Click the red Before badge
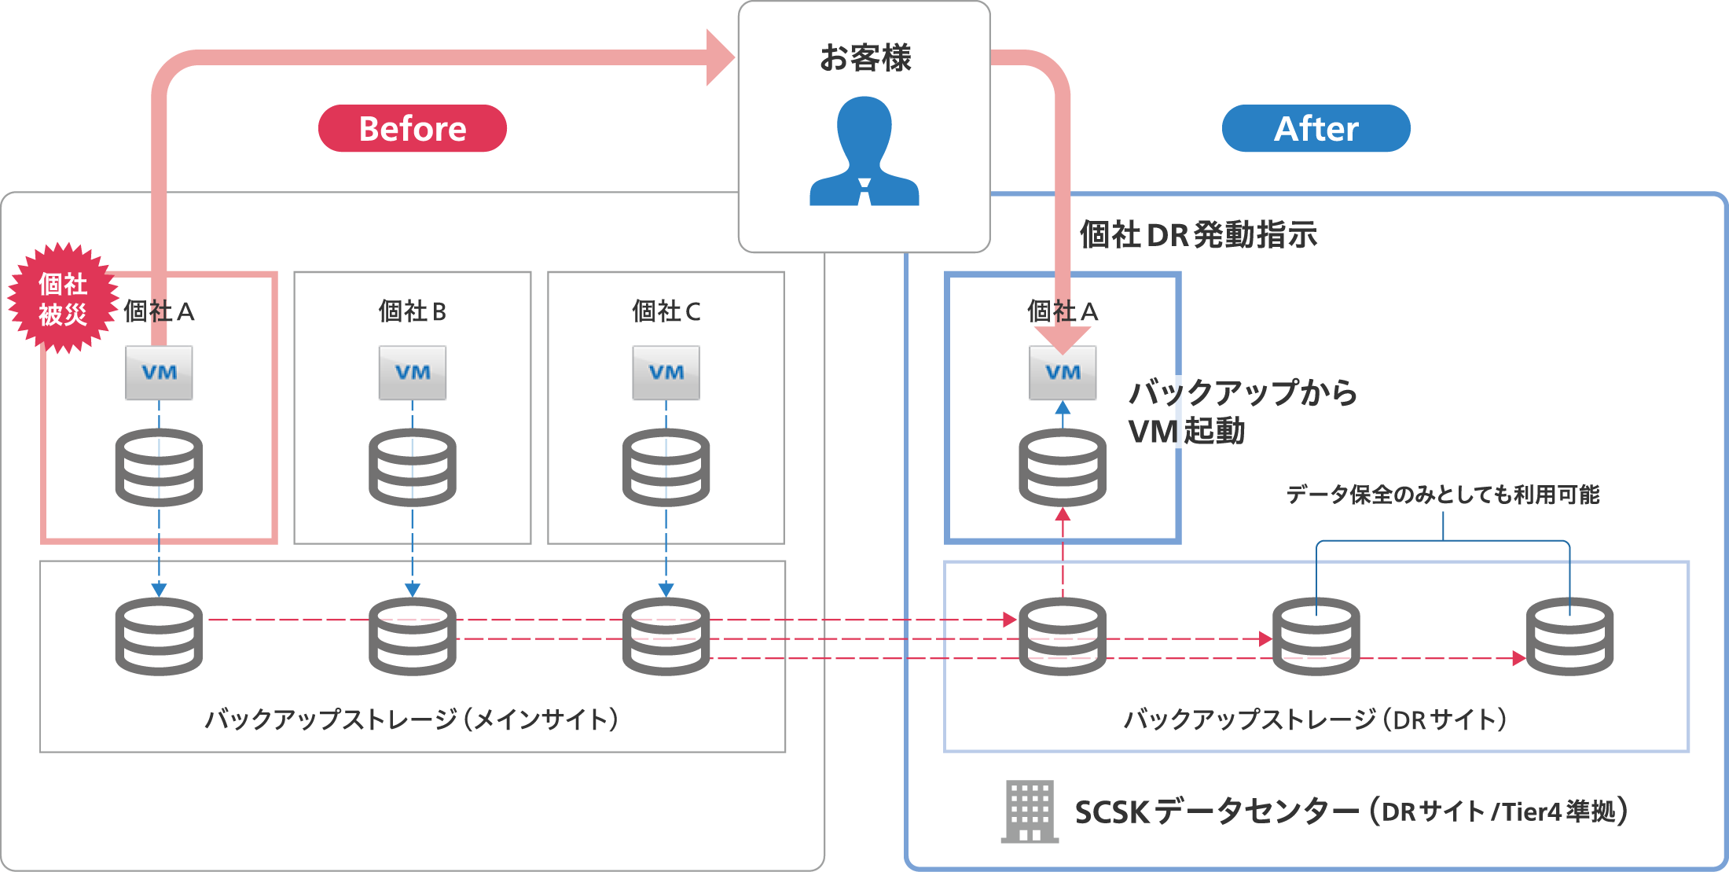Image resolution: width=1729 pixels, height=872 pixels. click(412, 128)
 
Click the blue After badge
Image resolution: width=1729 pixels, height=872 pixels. click(1316, 128)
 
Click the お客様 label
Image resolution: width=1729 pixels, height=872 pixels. click(864, 58)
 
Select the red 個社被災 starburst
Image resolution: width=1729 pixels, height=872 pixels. click(62, 298)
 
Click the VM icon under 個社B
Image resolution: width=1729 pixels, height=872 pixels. click(413, 373)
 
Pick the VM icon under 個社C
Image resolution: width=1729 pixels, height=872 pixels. click(666, 373)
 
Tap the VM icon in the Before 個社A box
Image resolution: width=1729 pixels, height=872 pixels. click(159, 373)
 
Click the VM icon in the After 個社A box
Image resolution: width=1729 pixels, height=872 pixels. click(1063, 373)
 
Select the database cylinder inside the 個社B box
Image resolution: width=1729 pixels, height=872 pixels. click(413, 467)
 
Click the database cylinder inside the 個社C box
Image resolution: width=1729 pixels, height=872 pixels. click(666, 467)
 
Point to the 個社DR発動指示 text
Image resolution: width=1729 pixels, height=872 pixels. click(1198, 235)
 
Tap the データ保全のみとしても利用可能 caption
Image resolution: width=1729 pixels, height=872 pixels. click(1442, 495)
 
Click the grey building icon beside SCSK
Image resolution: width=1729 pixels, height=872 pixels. click(1030, 811)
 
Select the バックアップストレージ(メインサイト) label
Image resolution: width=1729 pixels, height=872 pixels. click(412, 719)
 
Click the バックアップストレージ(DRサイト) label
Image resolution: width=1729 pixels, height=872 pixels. click(1316, 719)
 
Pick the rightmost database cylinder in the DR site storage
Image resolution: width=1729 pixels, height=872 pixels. click(1569, 636)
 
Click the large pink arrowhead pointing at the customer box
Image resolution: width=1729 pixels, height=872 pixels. click(718, 57)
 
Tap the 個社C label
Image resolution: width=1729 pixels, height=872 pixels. click(666, 311)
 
